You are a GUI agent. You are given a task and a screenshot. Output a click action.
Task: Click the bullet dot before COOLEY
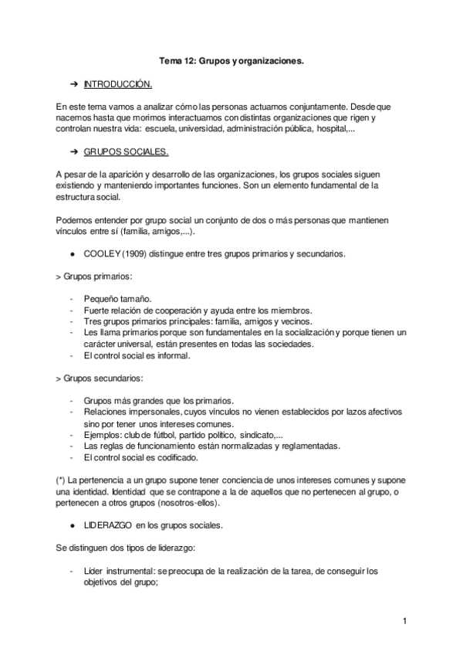72,253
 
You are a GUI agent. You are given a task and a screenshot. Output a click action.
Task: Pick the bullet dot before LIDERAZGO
72,525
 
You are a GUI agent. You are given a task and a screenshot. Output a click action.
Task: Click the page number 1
404,620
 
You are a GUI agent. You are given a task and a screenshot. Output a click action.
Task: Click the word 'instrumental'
127,572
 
